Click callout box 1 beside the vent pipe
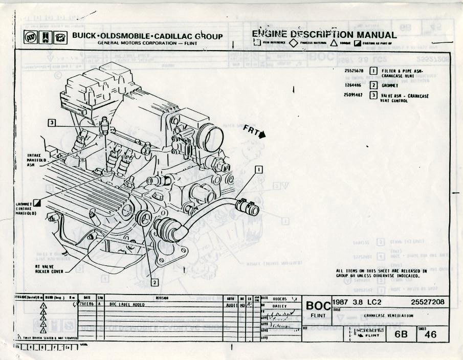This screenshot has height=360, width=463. click(x=259, y=169)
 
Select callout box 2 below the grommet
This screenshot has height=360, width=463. click(x=155, y=281)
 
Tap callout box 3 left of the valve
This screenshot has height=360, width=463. click(x=52, y=122)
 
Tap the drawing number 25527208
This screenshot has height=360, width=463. click(x=427, y=302)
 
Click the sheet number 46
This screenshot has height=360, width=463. click(x=431, y=334)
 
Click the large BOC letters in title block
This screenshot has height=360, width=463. click(x=318, y=306)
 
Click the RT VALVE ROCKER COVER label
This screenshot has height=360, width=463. click(x=49, y=269)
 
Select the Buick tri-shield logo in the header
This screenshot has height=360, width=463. click(x=31, y=38)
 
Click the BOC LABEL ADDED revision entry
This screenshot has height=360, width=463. click(x=127, y=304)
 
